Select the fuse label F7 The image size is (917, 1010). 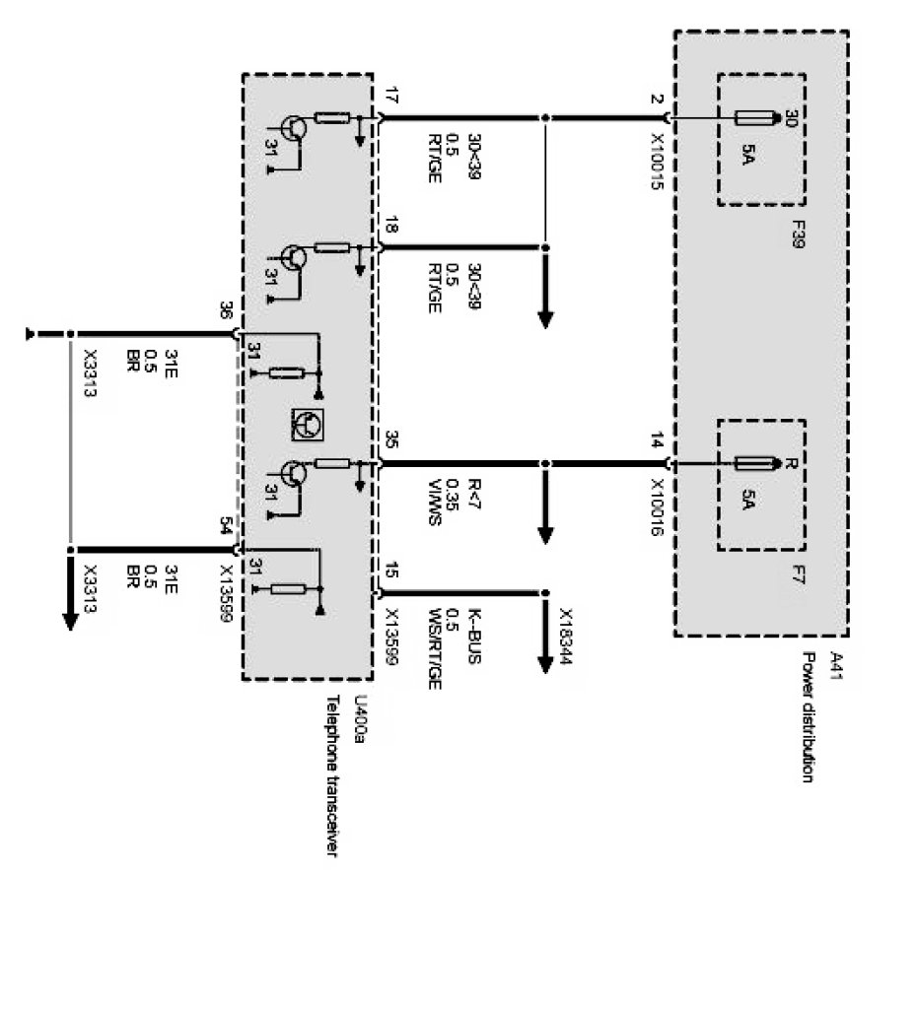point(797,574)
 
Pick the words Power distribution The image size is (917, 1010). point(809,717)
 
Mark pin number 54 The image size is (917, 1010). point(226,529)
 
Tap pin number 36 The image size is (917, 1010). point(226,311)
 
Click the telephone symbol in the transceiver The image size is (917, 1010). point(307,423)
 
